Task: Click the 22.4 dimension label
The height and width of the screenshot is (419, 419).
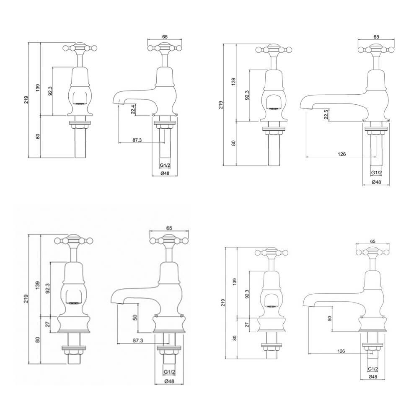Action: tap(133, 109)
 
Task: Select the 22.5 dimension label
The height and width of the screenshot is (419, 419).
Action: tap(326, 114)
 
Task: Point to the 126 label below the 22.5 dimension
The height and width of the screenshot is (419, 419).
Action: tap(341, 154)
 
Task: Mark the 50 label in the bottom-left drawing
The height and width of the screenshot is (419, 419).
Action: tap(134, 318)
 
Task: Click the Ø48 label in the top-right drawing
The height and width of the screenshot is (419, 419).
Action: tap(376, 182)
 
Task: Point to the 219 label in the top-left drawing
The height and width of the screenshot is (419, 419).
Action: tap(26, 100)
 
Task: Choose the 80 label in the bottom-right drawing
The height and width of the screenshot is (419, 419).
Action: tap(234, 338)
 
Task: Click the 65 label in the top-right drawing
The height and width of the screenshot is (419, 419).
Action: tap(376, 37)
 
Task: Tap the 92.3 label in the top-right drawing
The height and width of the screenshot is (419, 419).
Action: tap(247, 95)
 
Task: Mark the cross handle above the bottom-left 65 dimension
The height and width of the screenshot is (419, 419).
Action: tap(167, 241)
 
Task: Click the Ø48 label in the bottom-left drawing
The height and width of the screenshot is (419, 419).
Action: tap(169, 381)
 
